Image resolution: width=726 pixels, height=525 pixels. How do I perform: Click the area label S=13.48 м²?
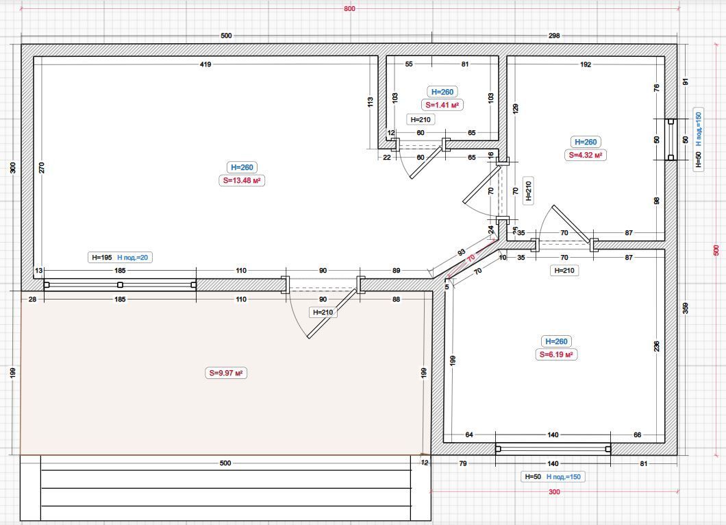(x=242, y=180)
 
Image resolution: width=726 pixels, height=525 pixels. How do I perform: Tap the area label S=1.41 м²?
(x=442, y=105)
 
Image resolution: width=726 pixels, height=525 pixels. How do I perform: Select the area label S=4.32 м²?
(x=586, y=155)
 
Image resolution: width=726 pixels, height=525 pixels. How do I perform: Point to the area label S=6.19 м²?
(x=556, y=355)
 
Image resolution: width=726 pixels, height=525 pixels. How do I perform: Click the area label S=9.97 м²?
(x=226, y=373)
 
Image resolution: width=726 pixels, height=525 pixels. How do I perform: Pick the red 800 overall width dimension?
(x=349, y=8)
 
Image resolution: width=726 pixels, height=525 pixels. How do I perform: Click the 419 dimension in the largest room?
(x=205, y=64)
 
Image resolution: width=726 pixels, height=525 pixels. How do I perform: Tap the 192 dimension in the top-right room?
(x=586, y=64)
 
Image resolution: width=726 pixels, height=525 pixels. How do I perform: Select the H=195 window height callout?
(x=102, y=258)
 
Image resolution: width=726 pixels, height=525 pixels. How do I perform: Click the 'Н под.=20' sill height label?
(x=132, y=258)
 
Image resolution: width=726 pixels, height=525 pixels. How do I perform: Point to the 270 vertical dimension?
(x=42, y=167)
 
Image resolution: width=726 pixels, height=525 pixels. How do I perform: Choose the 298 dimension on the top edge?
(x=554, y=36)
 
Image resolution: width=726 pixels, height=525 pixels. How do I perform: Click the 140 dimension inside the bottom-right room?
(x=553, y=435)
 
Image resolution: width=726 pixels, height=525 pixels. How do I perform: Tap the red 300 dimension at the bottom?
(x=554, y=491)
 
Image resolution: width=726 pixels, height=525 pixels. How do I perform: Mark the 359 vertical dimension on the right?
(x=686, y=308)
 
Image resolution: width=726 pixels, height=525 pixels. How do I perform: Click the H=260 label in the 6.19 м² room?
(x=556, y=341)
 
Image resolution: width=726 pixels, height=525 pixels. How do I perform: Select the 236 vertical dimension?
(x=657, y=346)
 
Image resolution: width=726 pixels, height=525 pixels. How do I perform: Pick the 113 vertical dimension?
(x=370, y=102)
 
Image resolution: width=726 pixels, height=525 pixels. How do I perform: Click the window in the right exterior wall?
(x=671, y=140)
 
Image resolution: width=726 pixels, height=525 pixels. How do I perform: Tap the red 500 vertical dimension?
(x=716, y=251)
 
